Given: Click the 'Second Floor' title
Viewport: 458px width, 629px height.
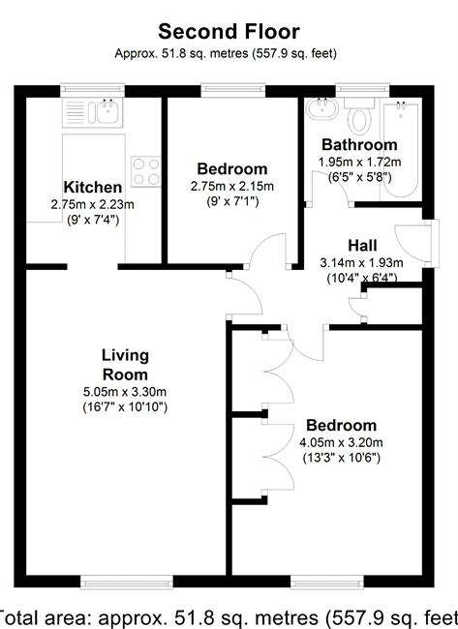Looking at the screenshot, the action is coord(229,32).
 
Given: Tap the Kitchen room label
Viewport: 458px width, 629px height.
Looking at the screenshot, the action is coord(93,188).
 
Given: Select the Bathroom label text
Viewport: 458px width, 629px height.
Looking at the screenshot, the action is coord(359,144).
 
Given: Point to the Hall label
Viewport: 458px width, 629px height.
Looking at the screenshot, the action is coord(362,246).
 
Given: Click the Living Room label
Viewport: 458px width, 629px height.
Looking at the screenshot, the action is coord(125,365).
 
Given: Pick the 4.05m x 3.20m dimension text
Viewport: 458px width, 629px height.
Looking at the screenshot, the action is coord(341,442).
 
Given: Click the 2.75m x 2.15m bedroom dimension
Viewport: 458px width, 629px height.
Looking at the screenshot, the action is coord(232,186).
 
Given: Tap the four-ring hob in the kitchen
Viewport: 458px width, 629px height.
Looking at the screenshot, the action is coord(146,171).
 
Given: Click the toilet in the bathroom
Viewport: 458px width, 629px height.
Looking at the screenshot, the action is coord(359,117).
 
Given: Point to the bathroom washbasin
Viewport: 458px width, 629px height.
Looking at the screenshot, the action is coord(321,108).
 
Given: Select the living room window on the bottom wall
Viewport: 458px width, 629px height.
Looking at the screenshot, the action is coord(127,583).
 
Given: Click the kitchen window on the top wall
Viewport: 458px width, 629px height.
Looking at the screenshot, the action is coord(92,90).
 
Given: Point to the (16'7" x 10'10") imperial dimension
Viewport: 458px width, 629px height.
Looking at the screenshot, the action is coord(125,407).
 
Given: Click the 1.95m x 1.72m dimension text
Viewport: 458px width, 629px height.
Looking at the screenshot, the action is coord(359,162).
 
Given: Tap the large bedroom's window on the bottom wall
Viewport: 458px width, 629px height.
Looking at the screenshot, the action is coord(327,583).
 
